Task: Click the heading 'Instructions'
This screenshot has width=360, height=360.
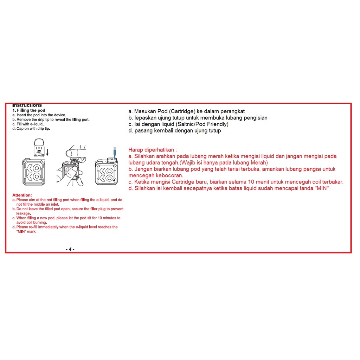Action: [x=27, y=105]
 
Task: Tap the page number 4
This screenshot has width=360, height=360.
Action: [x=70, y=249]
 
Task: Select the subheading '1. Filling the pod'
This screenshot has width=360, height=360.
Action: [x=29, y=110]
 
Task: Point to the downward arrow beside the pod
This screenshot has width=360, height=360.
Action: [x=48, y=152]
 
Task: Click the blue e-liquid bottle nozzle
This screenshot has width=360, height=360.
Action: [x=114, y=152]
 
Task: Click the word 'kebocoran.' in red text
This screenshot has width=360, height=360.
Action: [x=167, y=175]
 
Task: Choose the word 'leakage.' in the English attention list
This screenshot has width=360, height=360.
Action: [x=24, y=213]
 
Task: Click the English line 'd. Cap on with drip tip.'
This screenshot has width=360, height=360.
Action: [x=31, y=129]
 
